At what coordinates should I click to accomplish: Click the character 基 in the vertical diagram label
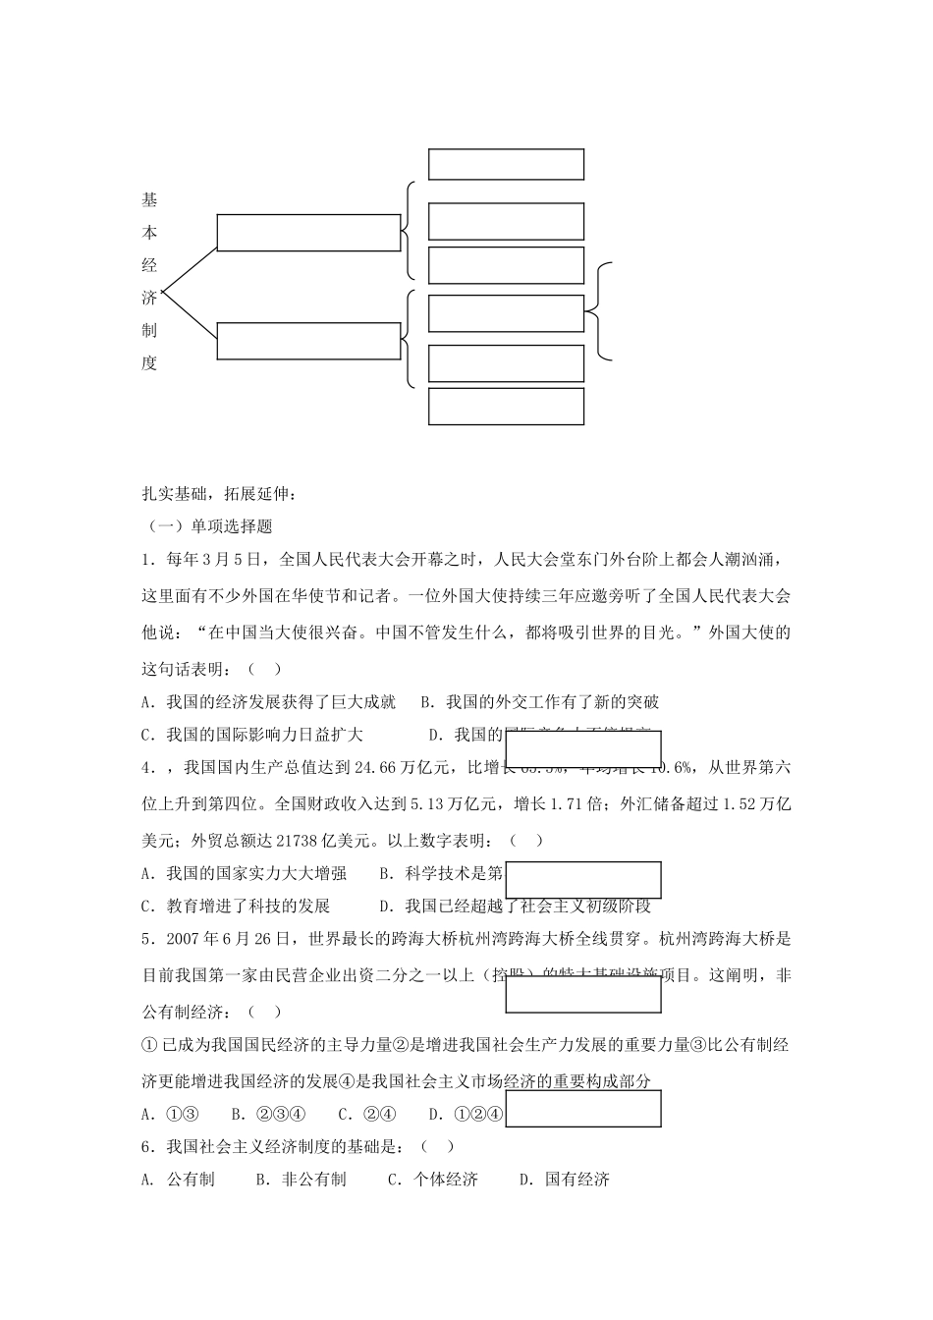click(149, 200)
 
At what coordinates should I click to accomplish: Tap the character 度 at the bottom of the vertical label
click(149, 363)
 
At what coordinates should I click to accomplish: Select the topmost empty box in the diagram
click(506, 164)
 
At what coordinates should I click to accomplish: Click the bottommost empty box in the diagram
click(506, 407)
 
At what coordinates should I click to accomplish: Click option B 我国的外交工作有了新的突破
click(540, 702)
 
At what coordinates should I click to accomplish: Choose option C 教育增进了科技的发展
click(236, 906)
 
